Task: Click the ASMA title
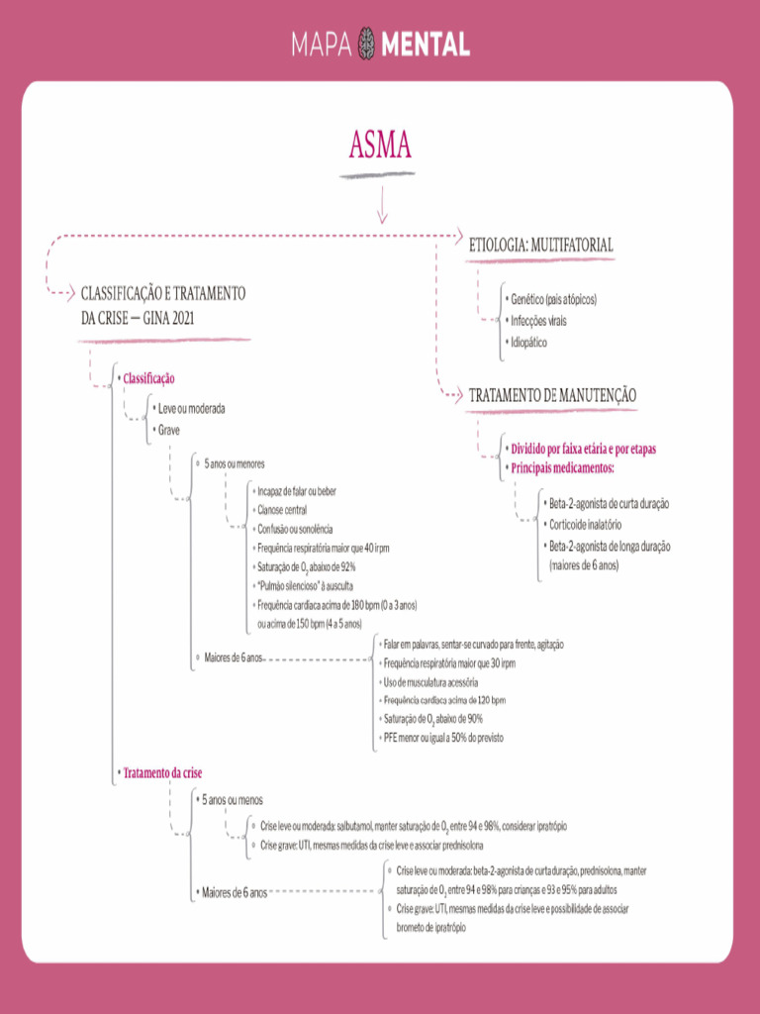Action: (x=380, y=146)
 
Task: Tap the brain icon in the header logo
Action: (x=367, y=43)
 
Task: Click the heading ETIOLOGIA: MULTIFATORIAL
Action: (x=540, y=245)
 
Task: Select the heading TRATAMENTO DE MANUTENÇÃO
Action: (x=552, y=395)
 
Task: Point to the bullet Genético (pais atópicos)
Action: (x=553, y=299)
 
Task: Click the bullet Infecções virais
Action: (x=538, y=321)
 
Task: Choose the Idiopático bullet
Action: (x=528, y=343)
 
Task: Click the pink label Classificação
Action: (x=148, y=378)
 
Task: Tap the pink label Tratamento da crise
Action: (x=162, y=771)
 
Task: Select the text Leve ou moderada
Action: (x=192, y=408)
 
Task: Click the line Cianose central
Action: (x=282, y=510)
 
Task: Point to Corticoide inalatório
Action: (x=586, y=525)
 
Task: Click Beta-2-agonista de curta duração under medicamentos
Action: (x=609, y=504)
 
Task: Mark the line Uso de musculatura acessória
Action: (x=430, y=682)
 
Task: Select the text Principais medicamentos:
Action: (x=563, y=467)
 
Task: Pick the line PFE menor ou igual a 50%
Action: (x=439, y=738)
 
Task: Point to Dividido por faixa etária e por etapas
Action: (x=583, y=449)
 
